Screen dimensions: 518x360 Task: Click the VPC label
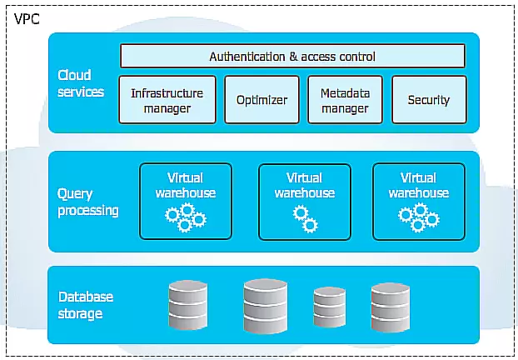(27, 19)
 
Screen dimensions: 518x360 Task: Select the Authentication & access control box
(292, 56)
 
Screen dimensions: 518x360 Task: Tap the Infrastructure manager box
(167, 99)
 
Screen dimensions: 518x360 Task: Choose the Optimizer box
(262, 99)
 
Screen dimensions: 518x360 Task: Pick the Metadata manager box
(346, 99)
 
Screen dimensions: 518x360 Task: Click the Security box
(429, 99)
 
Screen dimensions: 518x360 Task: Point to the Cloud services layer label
(81, 83)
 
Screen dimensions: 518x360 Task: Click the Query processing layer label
(88, 202)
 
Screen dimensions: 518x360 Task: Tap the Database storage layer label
(86, 305)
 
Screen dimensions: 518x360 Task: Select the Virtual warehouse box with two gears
(305, 202)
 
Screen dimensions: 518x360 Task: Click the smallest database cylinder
(329, 307)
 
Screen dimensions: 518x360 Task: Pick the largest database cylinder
(266, 306)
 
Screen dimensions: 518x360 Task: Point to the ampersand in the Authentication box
(293, 56)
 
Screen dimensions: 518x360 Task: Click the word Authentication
(247, 56)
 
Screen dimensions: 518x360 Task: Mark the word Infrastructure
(167, 93)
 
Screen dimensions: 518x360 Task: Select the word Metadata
(346, 93)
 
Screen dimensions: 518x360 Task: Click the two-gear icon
(306, 218)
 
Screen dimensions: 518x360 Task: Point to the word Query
(75, 194)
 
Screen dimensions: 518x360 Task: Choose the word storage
(80, 313)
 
